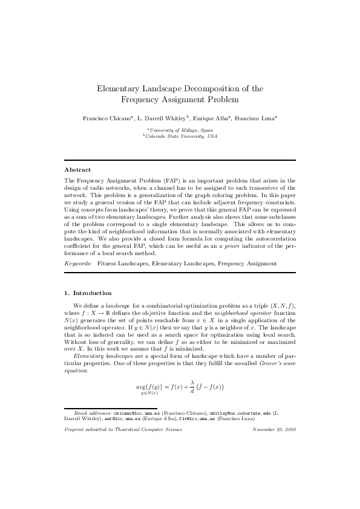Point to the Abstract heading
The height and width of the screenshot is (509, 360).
point(77,170)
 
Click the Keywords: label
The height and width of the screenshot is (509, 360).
point(78,264)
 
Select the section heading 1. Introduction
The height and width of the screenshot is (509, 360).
point(88,293)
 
